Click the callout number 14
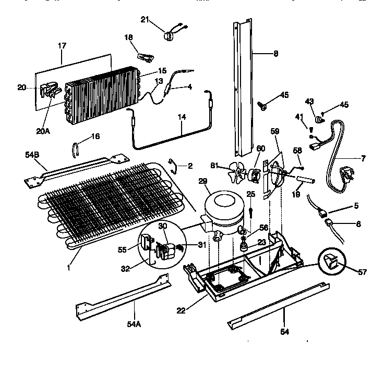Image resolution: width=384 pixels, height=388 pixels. coord(181,118)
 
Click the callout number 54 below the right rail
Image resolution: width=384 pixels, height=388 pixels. coord(284,331)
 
